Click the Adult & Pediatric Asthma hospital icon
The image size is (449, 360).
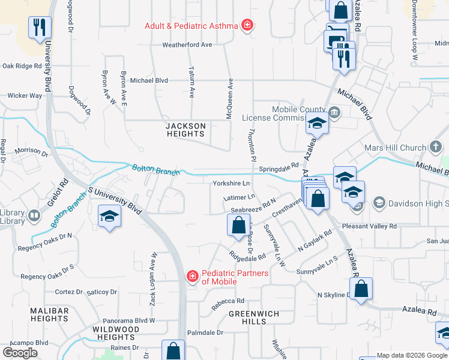point(246,25)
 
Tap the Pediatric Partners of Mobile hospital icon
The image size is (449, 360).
point(193,277)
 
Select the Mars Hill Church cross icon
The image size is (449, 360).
point(436,148)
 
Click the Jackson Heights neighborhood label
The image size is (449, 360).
point(185,130)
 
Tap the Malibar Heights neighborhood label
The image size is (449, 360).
point(48,314)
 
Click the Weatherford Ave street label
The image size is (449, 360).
point(187,45)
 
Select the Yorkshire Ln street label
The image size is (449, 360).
point(231,183)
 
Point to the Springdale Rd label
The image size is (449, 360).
point(279,170)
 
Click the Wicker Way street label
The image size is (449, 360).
point(25,95)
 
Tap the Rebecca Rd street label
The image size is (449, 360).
point(228,301)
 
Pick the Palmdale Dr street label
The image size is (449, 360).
point(205,332)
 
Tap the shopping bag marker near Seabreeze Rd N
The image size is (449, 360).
point(238,226)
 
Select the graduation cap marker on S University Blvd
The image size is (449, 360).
point(110,216)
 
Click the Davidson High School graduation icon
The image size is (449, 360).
point(379,203)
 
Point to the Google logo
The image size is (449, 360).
point(20,353)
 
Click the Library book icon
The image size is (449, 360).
point(34,214)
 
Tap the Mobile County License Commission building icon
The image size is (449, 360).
point(335,112)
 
